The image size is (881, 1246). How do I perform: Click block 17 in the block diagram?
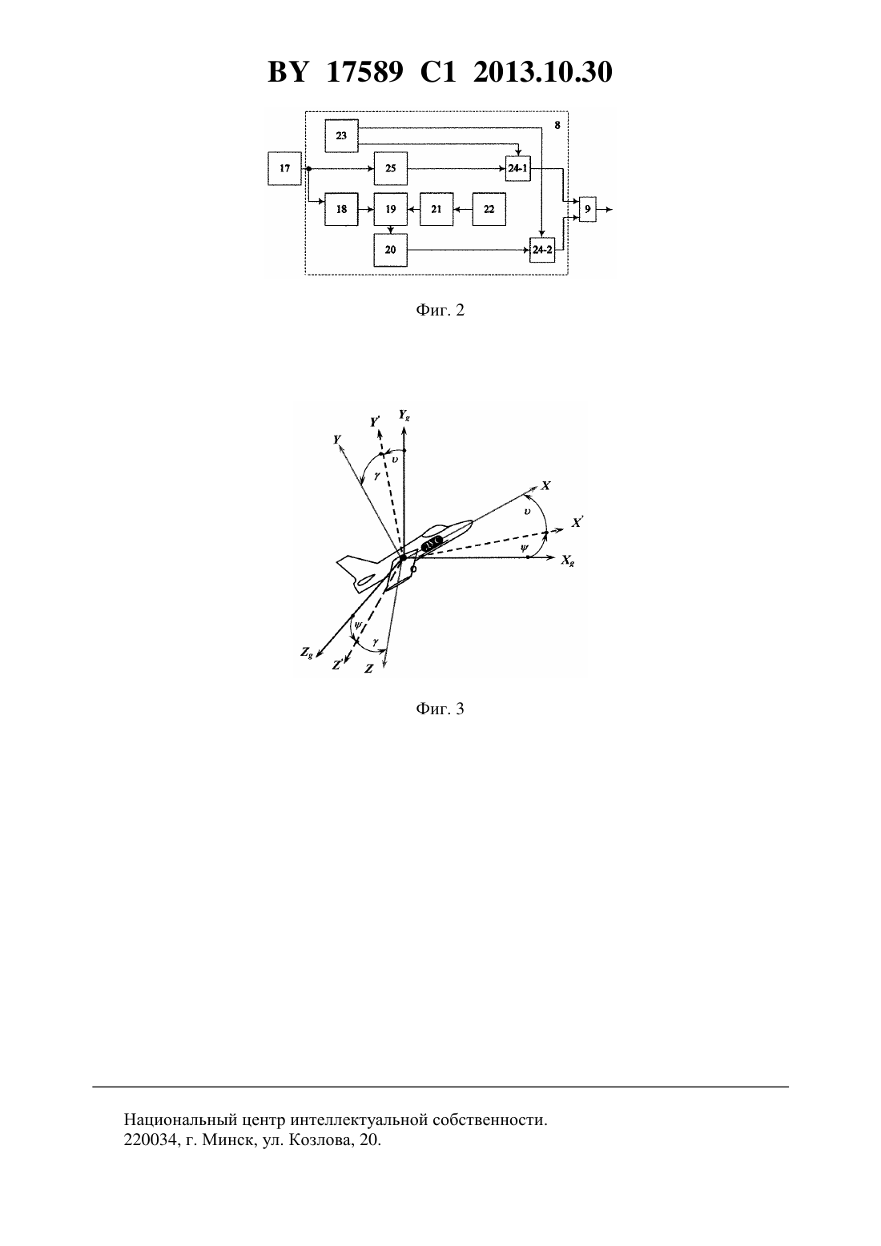285,168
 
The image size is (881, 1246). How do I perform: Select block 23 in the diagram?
341,135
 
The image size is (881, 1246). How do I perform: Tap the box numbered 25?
391,168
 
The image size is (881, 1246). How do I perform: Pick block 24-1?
518,168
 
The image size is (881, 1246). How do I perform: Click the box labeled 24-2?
542,250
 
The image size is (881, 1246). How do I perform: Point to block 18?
341,209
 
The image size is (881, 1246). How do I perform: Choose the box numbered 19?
391,209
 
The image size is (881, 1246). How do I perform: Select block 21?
436,209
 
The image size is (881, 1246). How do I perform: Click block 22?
489,209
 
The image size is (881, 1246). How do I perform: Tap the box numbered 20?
391,250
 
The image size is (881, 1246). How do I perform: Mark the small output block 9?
588,209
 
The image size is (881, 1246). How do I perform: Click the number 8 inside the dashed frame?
557,125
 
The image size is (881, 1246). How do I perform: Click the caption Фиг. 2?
440,310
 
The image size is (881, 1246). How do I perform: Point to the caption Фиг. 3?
440,709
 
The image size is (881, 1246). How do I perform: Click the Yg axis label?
404,415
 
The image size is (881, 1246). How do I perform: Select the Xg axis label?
568,561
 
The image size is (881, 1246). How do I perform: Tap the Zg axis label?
307,653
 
